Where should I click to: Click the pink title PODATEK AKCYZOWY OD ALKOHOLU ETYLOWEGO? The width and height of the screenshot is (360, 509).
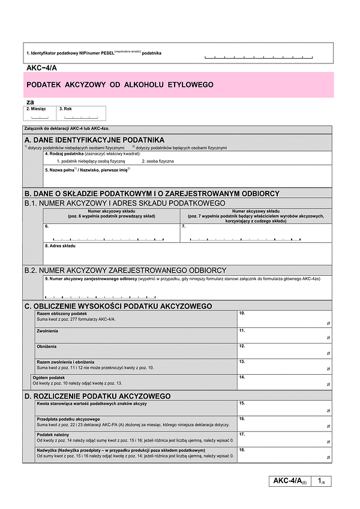point(120,85)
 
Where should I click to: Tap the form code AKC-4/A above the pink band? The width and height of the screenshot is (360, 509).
point(42,67)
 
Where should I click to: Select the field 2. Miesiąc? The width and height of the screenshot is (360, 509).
point(40,114)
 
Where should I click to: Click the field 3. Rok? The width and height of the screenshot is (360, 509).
point(82,114)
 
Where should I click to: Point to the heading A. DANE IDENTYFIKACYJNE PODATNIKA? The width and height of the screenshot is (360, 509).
point(94,139)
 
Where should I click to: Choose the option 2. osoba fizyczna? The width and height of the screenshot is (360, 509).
point(158,161)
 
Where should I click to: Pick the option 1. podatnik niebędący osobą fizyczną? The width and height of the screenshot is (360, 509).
point(91,161)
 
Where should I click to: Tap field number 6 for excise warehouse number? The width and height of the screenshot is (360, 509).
point(111,233)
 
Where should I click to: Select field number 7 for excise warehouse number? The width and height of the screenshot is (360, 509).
point(255,233)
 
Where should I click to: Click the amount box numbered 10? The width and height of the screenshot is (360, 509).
point(284,318)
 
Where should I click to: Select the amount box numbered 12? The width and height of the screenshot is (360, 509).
point(284,350)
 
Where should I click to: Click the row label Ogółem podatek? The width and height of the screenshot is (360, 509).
point(49,378)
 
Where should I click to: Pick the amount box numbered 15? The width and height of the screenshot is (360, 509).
point(284,408)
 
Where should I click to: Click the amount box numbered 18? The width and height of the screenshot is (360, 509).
point(284,454)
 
